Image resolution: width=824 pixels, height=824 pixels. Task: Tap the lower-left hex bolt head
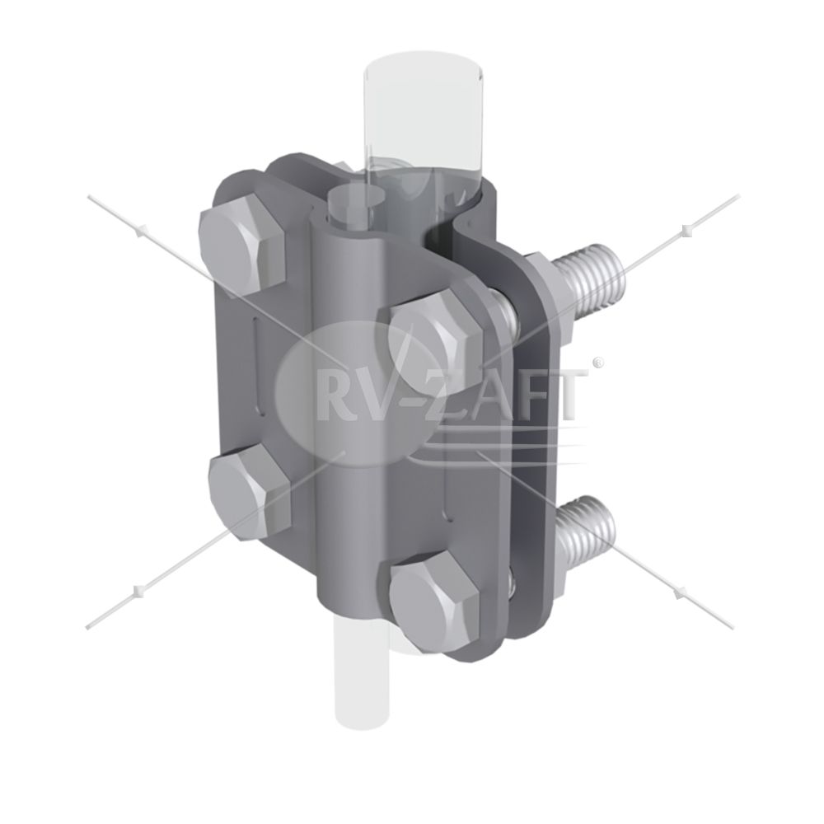coord(250,494)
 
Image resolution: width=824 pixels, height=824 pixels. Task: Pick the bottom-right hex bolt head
coord(435,597)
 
